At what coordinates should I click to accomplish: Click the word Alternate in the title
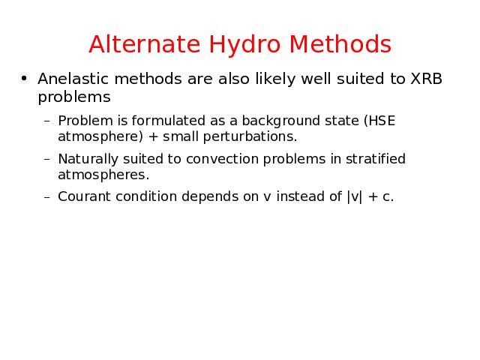point(145,44)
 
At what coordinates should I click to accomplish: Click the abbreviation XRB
point(426,79)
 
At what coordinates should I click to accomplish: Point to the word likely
point(275,79)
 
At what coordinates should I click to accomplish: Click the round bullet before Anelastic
point(24,79)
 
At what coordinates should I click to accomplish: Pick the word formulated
point(168,120)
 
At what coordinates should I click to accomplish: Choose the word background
point(280,121)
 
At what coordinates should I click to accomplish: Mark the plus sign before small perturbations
point(153,136)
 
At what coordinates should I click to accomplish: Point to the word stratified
point(376,159)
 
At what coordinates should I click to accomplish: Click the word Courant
point(84,196)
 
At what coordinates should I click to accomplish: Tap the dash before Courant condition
point(46,197)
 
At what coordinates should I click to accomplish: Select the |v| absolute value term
point(355,196)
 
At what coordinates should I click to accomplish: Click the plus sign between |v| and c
point(373,196)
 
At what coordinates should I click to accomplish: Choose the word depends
point(210,197)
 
